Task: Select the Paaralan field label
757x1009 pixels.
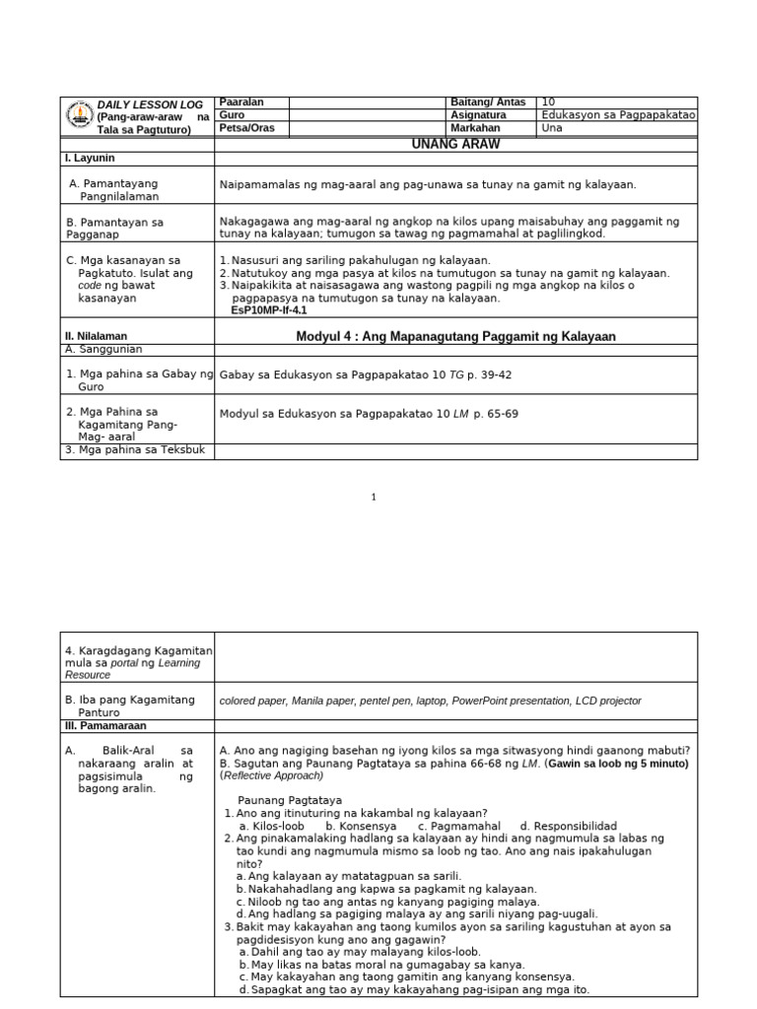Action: (x=241, y=102)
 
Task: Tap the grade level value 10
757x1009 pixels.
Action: (x=549, y=102)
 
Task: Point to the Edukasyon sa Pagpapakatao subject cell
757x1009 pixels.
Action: (x=618, y=115)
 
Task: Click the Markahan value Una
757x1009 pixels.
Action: (x=552, y=128)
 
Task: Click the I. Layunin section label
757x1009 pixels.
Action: (x=91, y=158)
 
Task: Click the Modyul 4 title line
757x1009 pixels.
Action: (x=455, y=336)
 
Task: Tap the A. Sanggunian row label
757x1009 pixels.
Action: (x=103, y=349)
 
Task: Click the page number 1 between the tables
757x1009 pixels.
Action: (x=374, y=498)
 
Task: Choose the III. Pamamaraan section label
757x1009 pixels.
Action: (x=104, y=724)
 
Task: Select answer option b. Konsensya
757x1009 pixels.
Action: (x=361, y=826)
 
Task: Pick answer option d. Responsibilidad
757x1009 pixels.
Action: (x=569, y=826)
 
